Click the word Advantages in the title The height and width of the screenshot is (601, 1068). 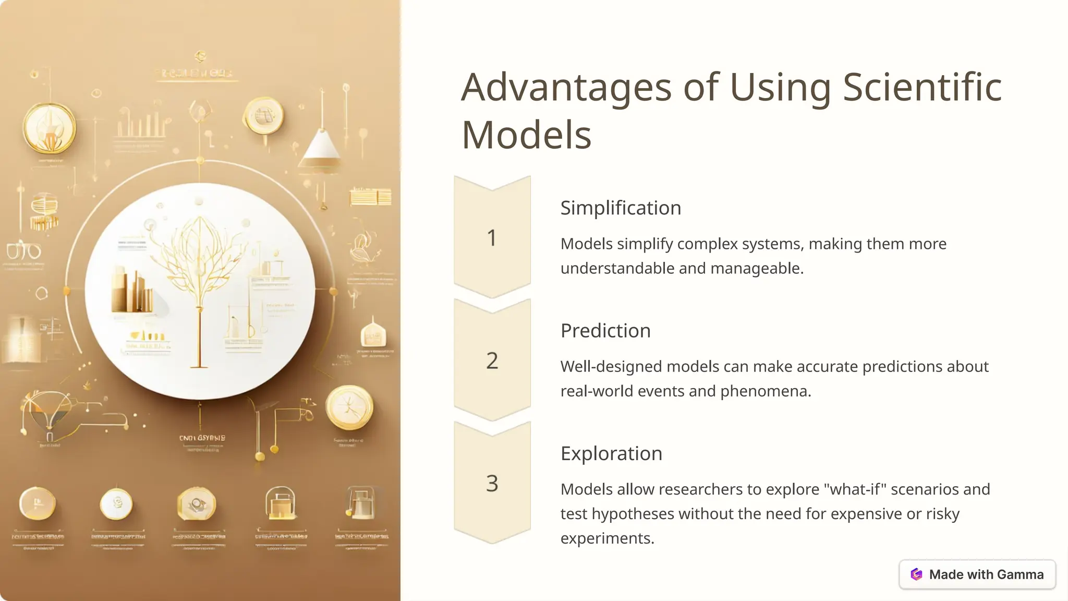[x=566, y=88]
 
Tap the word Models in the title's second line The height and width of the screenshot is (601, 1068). [x=526, y=135]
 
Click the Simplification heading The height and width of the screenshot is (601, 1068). [x=621, y=208]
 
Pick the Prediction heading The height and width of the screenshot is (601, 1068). [x=605, y=330]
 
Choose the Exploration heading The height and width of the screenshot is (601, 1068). [x=611, y=453]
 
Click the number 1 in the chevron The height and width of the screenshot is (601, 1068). [x=492, y=238]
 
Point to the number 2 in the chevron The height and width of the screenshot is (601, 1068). [x=492, y=360]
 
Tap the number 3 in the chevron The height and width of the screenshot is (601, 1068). [x=492, y=484]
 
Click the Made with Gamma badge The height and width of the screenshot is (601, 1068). [x=977, y=574]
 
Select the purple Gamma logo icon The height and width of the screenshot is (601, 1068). [x=916, y=574]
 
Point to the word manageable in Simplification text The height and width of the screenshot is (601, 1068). [x=757, y=268]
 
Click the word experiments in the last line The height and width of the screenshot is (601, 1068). [x=607, y=538]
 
